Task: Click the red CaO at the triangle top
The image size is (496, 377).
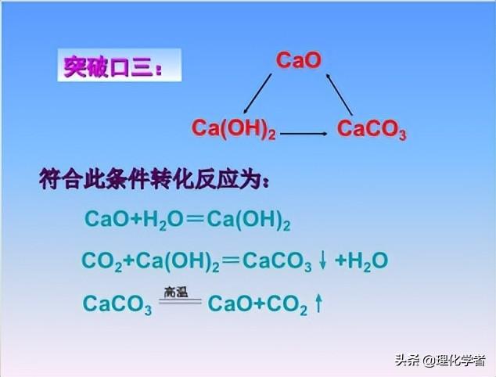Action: click(298, 60)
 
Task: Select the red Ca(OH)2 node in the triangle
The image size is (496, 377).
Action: click(234, 129)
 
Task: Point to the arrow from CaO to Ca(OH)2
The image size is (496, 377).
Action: click(257, 93)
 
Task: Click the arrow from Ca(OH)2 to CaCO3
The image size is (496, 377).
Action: click(304, 134)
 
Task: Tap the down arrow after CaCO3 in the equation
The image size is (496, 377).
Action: click(323, 261)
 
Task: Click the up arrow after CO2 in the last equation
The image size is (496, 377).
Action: click(318, 304)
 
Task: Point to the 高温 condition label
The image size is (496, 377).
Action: click(175, 292)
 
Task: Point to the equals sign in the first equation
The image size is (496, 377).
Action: click(195, 220)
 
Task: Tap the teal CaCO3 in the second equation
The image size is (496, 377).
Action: click(277, 261)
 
